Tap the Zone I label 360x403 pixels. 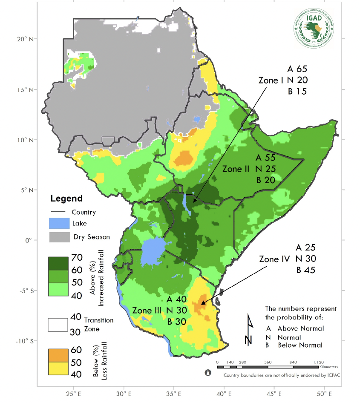(x=271, y=80)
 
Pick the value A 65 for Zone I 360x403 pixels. (x=297, y=69)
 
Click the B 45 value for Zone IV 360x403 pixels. (x=305, y=269)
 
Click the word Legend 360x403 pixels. (x=66, y=199)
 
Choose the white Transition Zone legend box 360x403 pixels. (x=58, y=325)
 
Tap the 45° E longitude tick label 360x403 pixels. (x=274, y=393)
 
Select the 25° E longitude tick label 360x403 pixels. (x=73, y=393)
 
